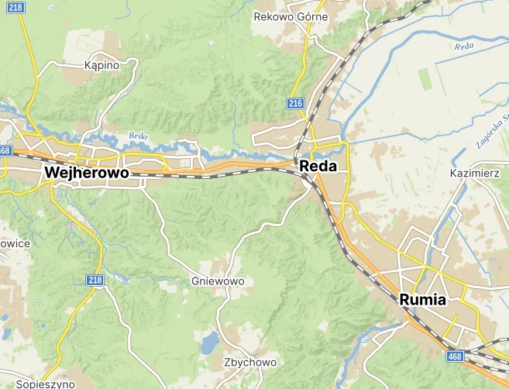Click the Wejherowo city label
[86, 173]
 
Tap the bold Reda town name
[318, 166]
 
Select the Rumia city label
[423, 300]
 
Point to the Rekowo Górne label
[291, 16]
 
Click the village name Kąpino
[101, 66]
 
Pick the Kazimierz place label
[474, 174]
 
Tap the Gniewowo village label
[217, 281]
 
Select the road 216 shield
[294, 103]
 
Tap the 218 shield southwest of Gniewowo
[95, 280]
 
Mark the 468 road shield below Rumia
[456, 356]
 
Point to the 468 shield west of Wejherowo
[5, 150]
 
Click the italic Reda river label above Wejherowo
[138, 136]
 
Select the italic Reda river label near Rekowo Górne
[464, 46]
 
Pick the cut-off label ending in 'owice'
[15, 243]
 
